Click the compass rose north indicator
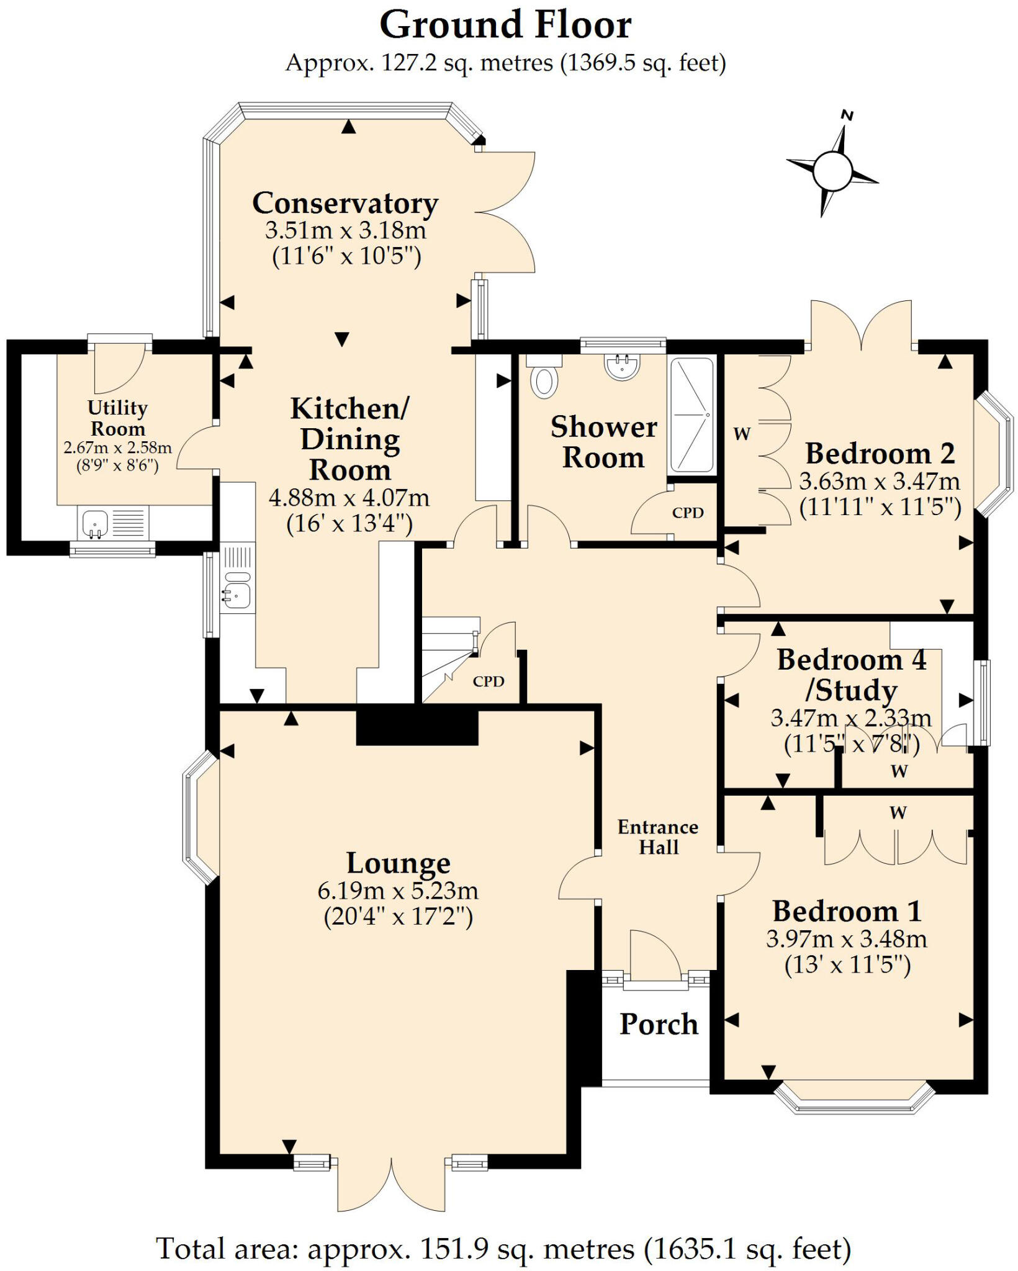coord(847,115)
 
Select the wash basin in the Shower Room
coord(621,366)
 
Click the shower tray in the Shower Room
coord(691,415)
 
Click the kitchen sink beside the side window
coord(236,594)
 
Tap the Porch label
coord(659,1025)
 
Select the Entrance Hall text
coord(658,837)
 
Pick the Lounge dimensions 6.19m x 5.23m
coord(398,891)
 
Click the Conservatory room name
coord(345,204)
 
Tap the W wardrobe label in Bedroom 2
coord(742,434)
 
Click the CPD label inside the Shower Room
coord(688,513)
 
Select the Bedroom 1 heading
coord(847,912)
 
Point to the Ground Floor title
coord(505,26)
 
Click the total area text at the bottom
coord(503,1246)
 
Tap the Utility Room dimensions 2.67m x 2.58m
coord(117,447)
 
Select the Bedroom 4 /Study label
coord(851,675)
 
